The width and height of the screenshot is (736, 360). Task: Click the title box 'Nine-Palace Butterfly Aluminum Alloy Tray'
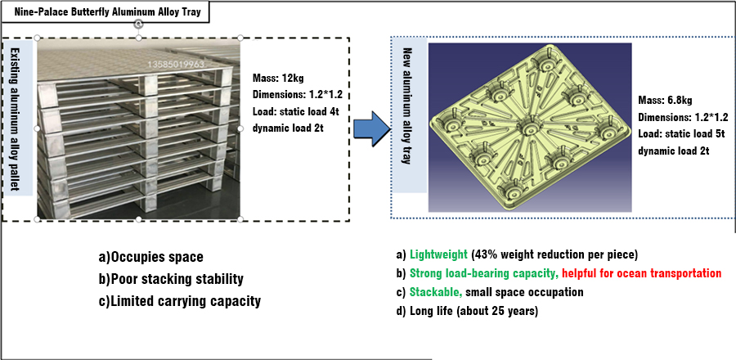point(105,12)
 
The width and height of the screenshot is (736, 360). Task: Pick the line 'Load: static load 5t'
point(684,133)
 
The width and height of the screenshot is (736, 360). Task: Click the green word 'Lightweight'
point(438,254)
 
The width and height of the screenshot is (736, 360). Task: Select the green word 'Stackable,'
point(436,292)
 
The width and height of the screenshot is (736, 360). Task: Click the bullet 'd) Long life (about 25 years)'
point(468,311)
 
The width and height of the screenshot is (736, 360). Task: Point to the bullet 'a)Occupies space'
point(150,257)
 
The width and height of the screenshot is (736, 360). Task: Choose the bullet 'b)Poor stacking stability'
point(171,279)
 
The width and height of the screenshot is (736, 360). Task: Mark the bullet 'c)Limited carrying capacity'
point(179,300)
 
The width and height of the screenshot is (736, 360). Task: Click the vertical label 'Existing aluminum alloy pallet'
point(18,118)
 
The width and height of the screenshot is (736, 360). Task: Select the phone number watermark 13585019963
point(177,64)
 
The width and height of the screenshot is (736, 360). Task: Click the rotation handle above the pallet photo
point(138,24)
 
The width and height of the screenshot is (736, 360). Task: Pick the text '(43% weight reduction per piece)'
point(553,254)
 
